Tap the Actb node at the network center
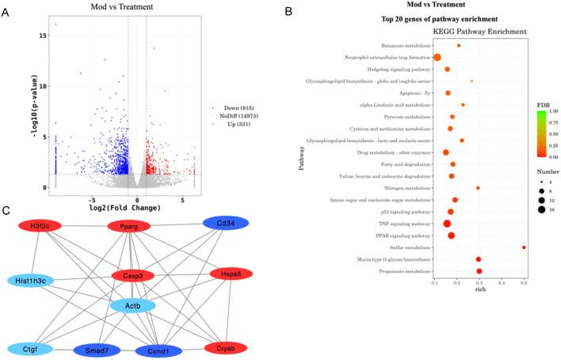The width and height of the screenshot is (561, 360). [132, 305]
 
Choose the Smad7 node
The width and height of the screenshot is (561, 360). [95, 350]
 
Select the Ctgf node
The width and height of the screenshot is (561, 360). [31, 349]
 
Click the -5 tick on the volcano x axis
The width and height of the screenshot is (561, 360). [92, 200]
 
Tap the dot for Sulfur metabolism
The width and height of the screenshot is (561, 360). [524, 247]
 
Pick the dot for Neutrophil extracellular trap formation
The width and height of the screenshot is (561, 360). [437, 57]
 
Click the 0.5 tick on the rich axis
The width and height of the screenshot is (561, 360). [524, 282]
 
